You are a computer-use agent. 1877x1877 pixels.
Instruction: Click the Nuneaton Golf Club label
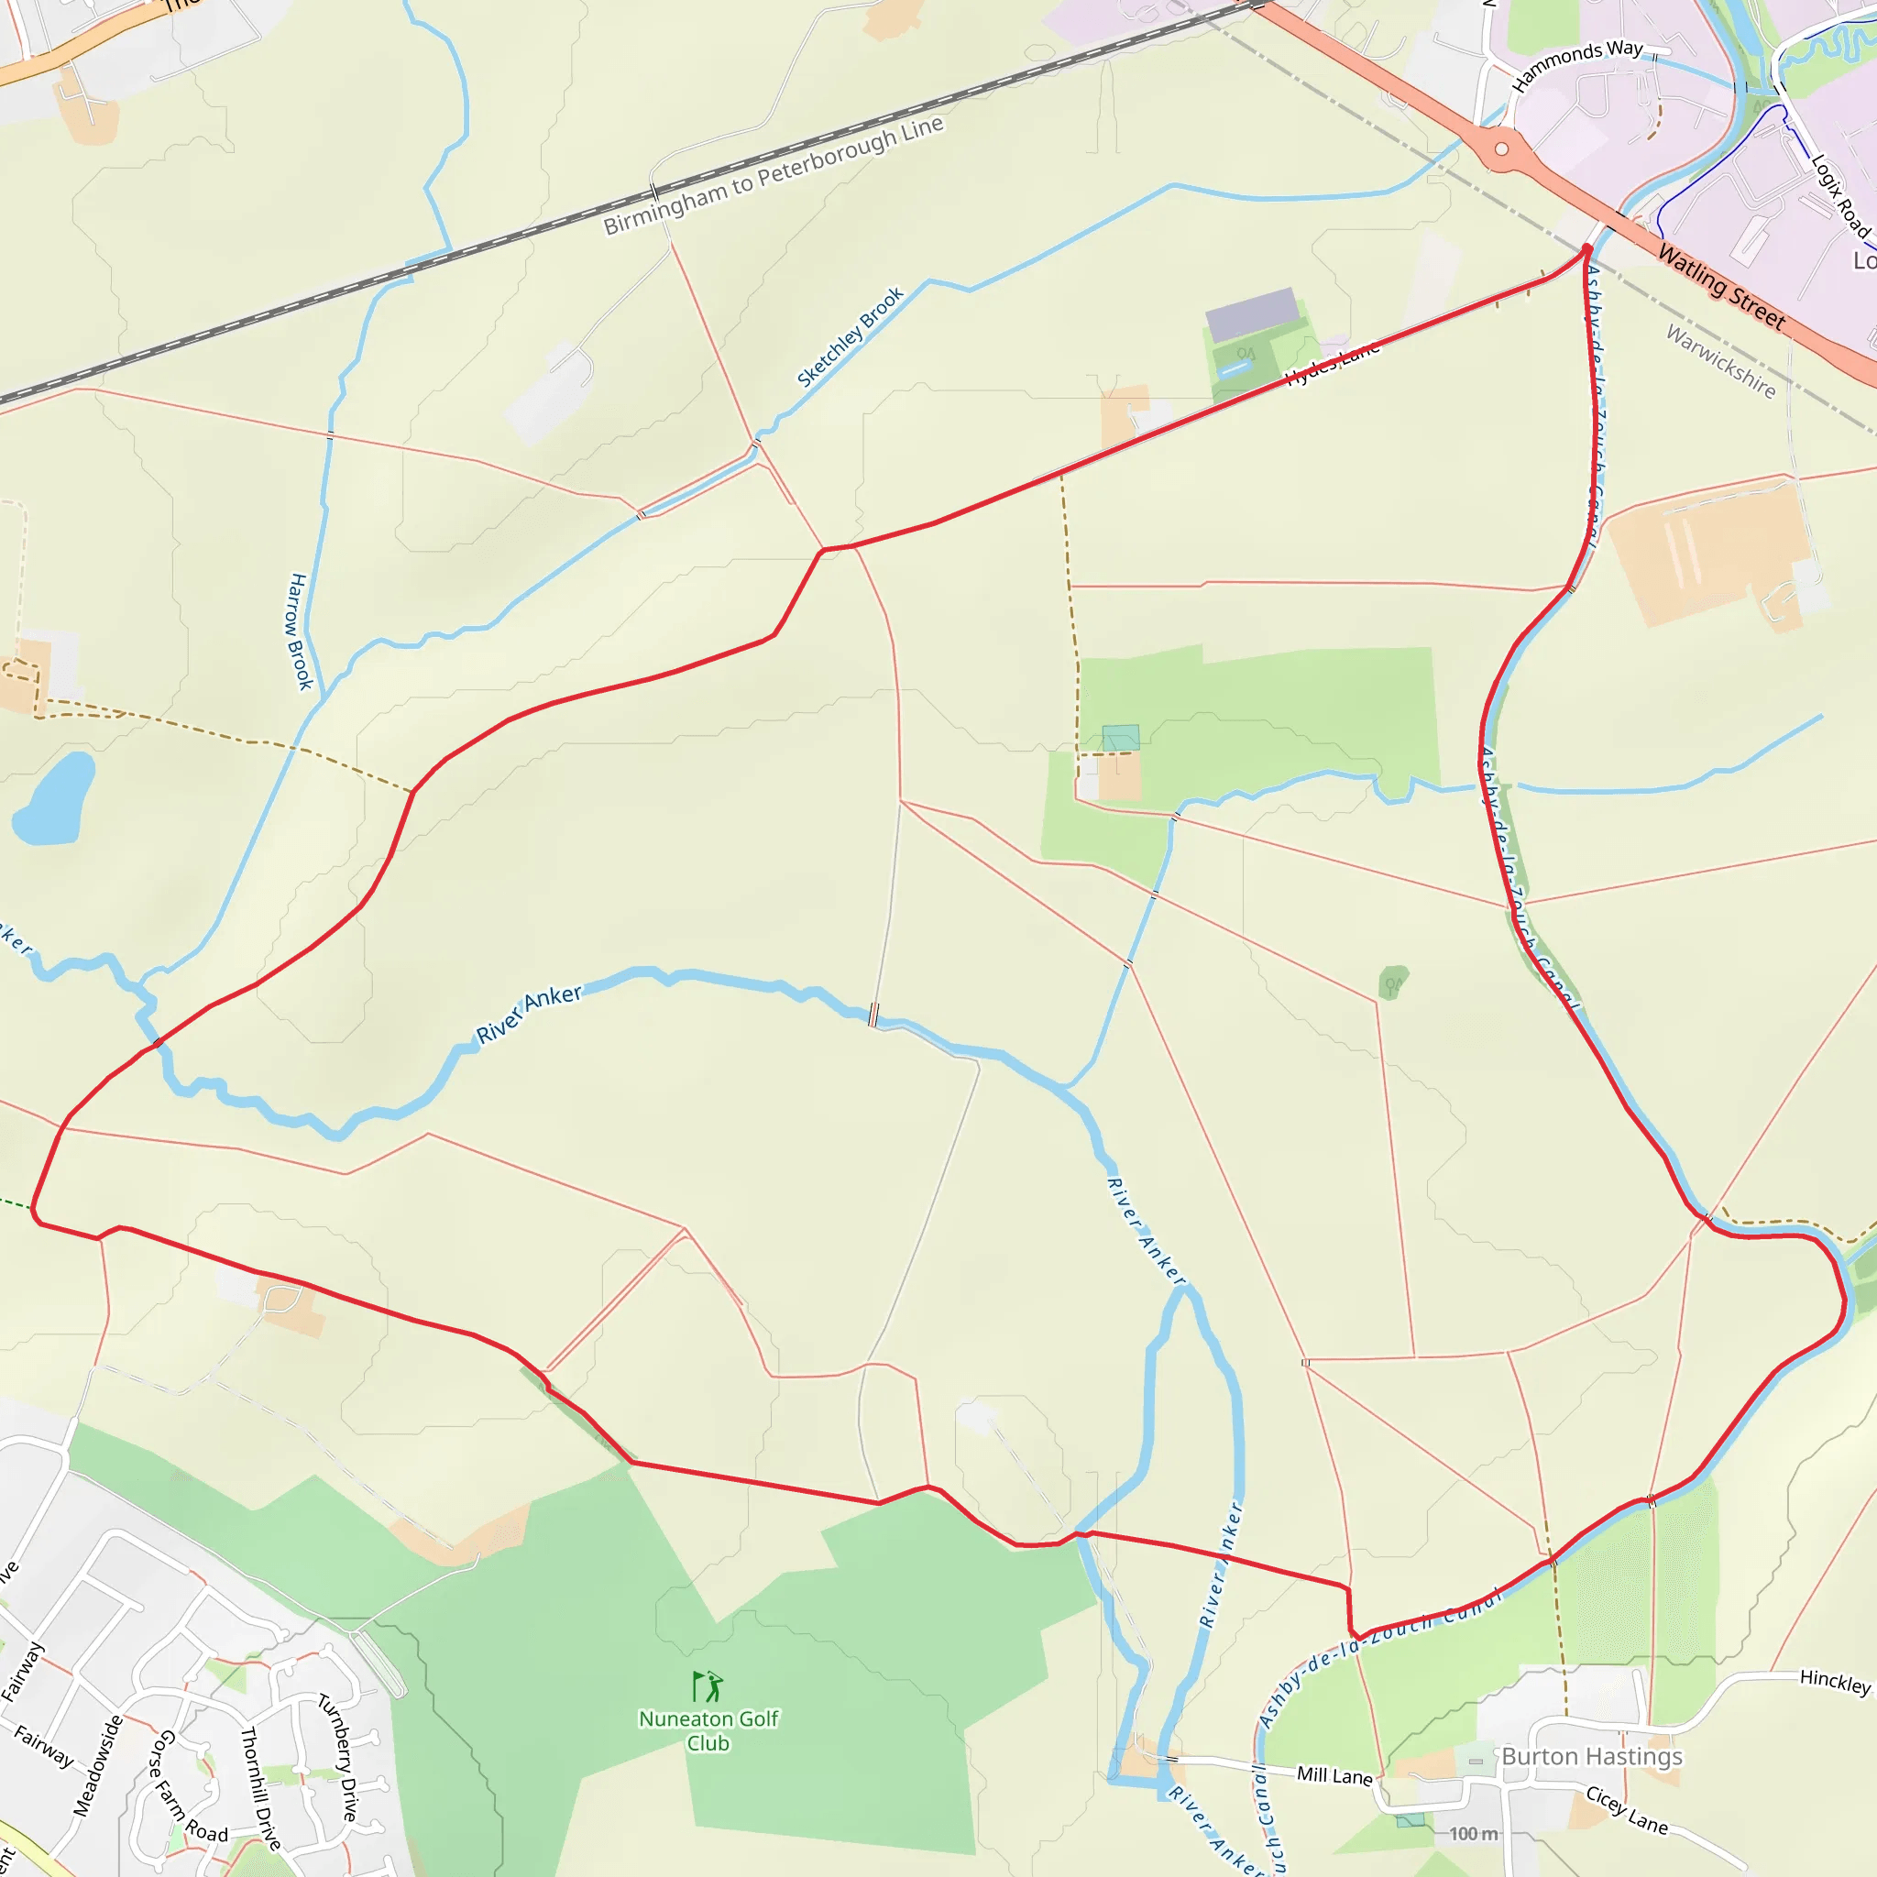pos(708,1730)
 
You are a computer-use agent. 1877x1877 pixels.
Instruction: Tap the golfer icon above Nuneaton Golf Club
pos(708,1686)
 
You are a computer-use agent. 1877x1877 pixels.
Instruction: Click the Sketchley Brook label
pos(851,336)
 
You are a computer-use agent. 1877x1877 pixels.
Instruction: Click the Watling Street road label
pos(1720,287)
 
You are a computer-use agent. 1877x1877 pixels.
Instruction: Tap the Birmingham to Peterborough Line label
pos(774,176)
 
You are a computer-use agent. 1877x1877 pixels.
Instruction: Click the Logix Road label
pos(1840,195)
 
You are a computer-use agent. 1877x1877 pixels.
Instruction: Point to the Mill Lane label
pos(1334,1775)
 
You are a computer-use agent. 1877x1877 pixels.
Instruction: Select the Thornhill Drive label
pos(259,1786)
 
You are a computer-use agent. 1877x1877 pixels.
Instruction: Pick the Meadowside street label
pos(98,1765)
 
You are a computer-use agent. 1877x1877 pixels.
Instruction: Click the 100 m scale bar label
pos(1473,1833)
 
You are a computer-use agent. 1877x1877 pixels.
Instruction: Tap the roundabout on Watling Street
pos(1502,149)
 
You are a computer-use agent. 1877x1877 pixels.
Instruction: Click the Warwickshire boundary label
pos(1720,361)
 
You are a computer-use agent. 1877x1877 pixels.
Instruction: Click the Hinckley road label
pos(1834,1681)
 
